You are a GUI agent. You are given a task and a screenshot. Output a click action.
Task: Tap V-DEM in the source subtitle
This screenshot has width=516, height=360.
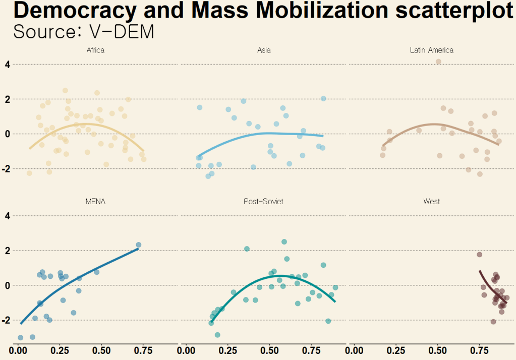(122, 32)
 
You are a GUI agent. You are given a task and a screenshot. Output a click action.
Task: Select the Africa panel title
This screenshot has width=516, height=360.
(95, 50)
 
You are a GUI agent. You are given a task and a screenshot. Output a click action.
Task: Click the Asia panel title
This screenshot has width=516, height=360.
(264, 50)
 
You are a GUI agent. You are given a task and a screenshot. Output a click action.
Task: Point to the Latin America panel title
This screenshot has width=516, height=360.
(431, 50)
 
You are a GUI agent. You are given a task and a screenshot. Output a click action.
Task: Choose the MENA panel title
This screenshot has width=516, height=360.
(95, 201)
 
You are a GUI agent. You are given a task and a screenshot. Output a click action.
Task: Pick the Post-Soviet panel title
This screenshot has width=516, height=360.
(263, 201)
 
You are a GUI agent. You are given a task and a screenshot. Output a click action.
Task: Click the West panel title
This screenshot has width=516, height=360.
(431, 201)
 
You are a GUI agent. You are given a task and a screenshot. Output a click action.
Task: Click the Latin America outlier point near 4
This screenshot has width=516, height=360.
(438, 62)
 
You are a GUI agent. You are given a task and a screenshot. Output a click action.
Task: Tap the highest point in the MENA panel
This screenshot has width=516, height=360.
(138, 245)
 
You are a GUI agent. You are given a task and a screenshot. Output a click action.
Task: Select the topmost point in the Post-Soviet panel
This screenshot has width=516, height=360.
(284, 242)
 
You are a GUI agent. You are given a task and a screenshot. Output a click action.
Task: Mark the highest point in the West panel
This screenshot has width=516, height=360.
(480, 255)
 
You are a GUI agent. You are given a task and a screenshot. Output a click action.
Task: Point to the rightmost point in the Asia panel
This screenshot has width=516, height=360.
(323, 99)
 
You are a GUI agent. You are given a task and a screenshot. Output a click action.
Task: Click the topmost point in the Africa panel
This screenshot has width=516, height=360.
(65, 91)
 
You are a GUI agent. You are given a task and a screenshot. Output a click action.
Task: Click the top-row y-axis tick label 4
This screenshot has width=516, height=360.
(8, 65)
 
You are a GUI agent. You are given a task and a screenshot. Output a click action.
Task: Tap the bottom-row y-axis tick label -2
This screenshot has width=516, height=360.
(7, 320)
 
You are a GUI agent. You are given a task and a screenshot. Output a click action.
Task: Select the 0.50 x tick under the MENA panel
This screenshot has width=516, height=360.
(101, 349)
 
